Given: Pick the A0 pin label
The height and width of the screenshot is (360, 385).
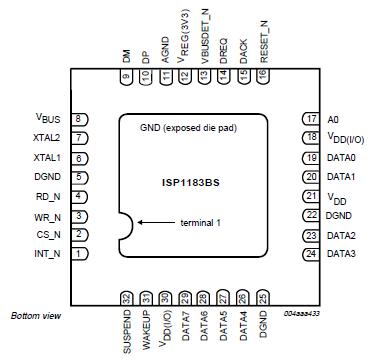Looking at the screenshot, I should click(x=333, y=118).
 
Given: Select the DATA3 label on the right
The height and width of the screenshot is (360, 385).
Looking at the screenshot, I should click(x=342, y=254).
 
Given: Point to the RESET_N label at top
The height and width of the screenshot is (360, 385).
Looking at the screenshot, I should click(x=264, y=44).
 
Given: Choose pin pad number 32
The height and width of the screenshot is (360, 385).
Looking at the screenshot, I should click(x=126, y=297).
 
